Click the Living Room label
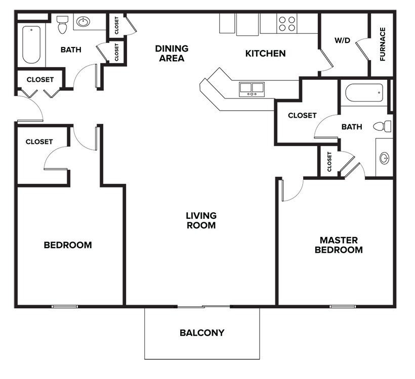point(201,220)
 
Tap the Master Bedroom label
point(339,245)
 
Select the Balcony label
point(201,333)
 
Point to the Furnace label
point(383,44)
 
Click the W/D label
point(342,40)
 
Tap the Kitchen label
point(265,53)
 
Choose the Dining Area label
point(172,53)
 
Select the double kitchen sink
point(252,88)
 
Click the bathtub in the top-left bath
point(31,44)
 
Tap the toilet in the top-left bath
point(63,24)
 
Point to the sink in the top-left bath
point(82,22)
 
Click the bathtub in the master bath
point(363,92)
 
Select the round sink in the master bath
point(385,158)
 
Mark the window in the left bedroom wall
point(65,306)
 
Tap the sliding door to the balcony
point(203,306)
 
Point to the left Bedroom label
point(68,245)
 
